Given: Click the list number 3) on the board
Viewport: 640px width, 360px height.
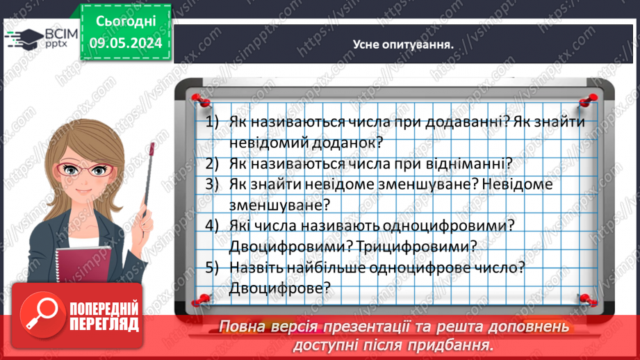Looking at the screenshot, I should click(212, 184).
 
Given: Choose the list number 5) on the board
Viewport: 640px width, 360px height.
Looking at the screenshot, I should click(212, 267).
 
